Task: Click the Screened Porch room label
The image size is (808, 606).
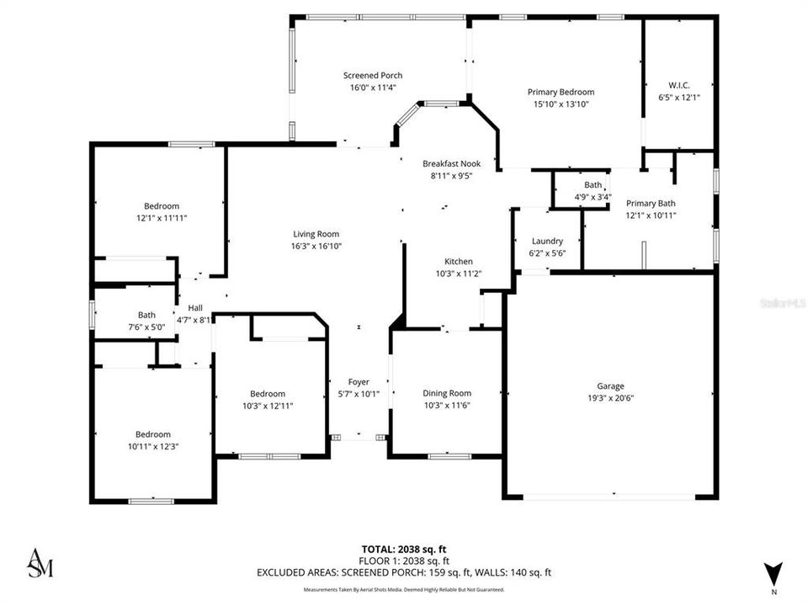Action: point(366,75)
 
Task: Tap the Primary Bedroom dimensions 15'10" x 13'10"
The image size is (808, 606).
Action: point(561,104)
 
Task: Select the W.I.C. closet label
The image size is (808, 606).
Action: point(678,85)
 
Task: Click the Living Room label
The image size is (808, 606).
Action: point(316,234)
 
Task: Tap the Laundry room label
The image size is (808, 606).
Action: point(547,242)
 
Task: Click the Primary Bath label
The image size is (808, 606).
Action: point(651,203)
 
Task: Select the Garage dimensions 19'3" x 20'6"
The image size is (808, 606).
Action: point(610,398)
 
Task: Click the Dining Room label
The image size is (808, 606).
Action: point(446,393)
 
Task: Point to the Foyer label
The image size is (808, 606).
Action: point(359,382)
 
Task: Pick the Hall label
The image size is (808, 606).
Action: point(195,308)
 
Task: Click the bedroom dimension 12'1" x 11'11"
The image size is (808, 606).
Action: point(161,218)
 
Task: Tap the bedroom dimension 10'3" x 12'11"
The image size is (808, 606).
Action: point(267,406)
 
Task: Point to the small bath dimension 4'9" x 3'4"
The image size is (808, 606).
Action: point(593,197)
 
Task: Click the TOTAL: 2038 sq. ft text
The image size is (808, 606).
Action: point(404,549)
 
